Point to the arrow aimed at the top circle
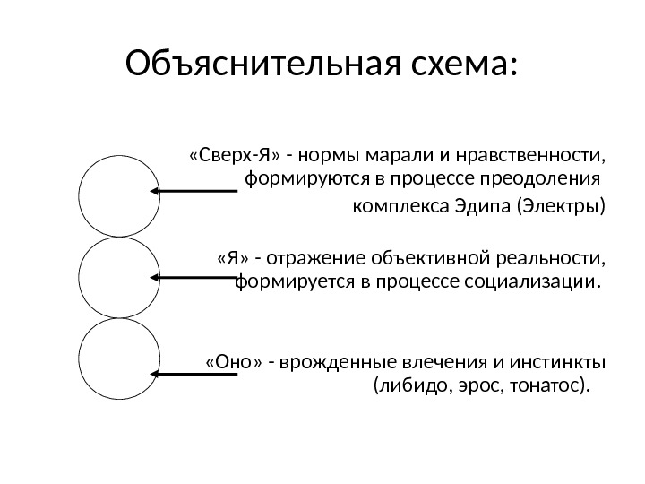(193, 191)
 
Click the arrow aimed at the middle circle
(193, 277)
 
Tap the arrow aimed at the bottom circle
(193, 371)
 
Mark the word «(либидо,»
(403, 386)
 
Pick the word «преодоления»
(550, 177)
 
